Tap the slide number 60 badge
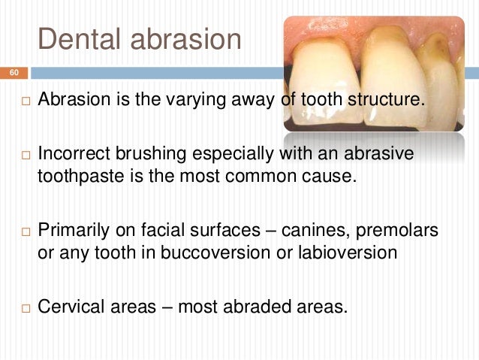pyautogui.click(x=14, y=73)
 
